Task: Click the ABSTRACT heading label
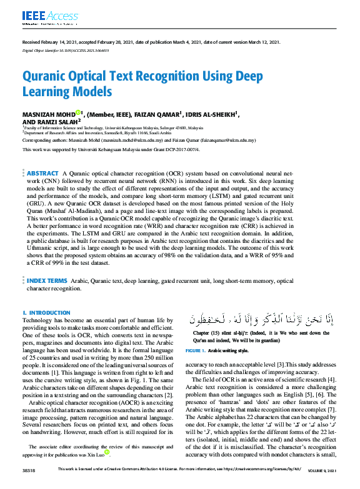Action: click(42, 173)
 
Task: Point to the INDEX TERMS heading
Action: click(47, 282)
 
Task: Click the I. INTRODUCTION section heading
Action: click(46, 312)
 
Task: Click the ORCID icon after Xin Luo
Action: click(107, 452)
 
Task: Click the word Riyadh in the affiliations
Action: click(143, 132)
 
